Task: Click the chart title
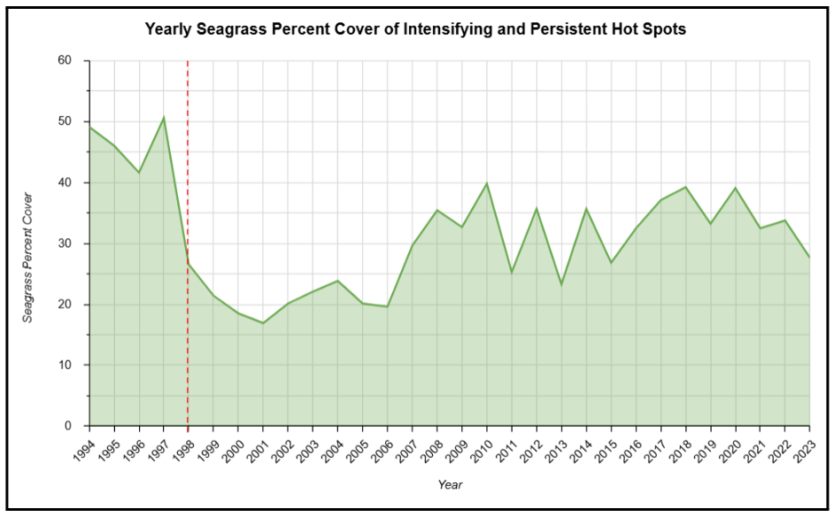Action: click(x=415, y=29)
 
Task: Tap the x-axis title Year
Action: click(x=450, y=484)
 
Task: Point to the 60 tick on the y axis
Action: click(x=65, y=61)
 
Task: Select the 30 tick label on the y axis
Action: click(x=65, y=243)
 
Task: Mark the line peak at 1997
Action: click(x=164, y=118)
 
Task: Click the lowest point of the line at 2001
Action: click(x=263, y=323)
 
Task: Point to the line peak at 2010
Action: click(x=486, y=183)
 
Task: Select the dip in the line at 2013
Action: click(x=560, y=284)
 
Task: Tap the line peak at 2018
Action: click(x=685, y=187)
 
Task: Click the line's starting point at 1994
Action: click(x=89, y=127)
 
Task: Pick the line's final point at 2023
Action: click(x=809, y=258)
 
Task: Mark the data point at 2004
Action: click(x=337, y=281)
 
